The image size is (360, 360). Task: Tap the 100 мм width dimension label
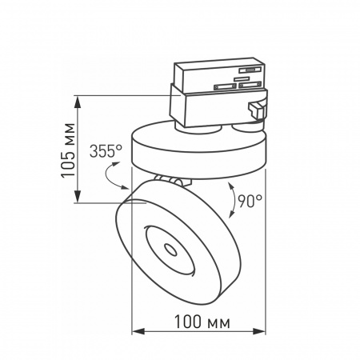(199, 322)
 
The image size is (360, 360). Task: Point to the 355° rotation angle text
(106, 150)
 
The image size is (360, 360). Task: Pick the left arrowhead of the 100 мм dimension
(136, 331)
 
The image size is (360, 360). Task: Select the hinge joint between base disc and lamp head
(170, 180)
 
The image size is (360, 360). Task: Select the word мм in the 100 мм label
(217, 322)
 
